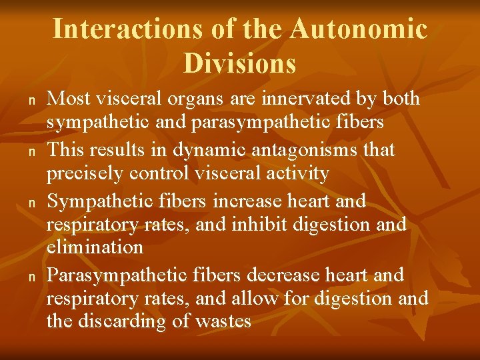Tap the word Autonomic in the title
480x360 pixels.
coord(359,29)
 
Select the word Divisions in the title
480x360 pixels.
coord(239,63)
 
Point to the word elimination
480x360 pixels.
coord(95,247)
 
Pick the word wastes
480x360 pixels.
coord(223,321)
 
